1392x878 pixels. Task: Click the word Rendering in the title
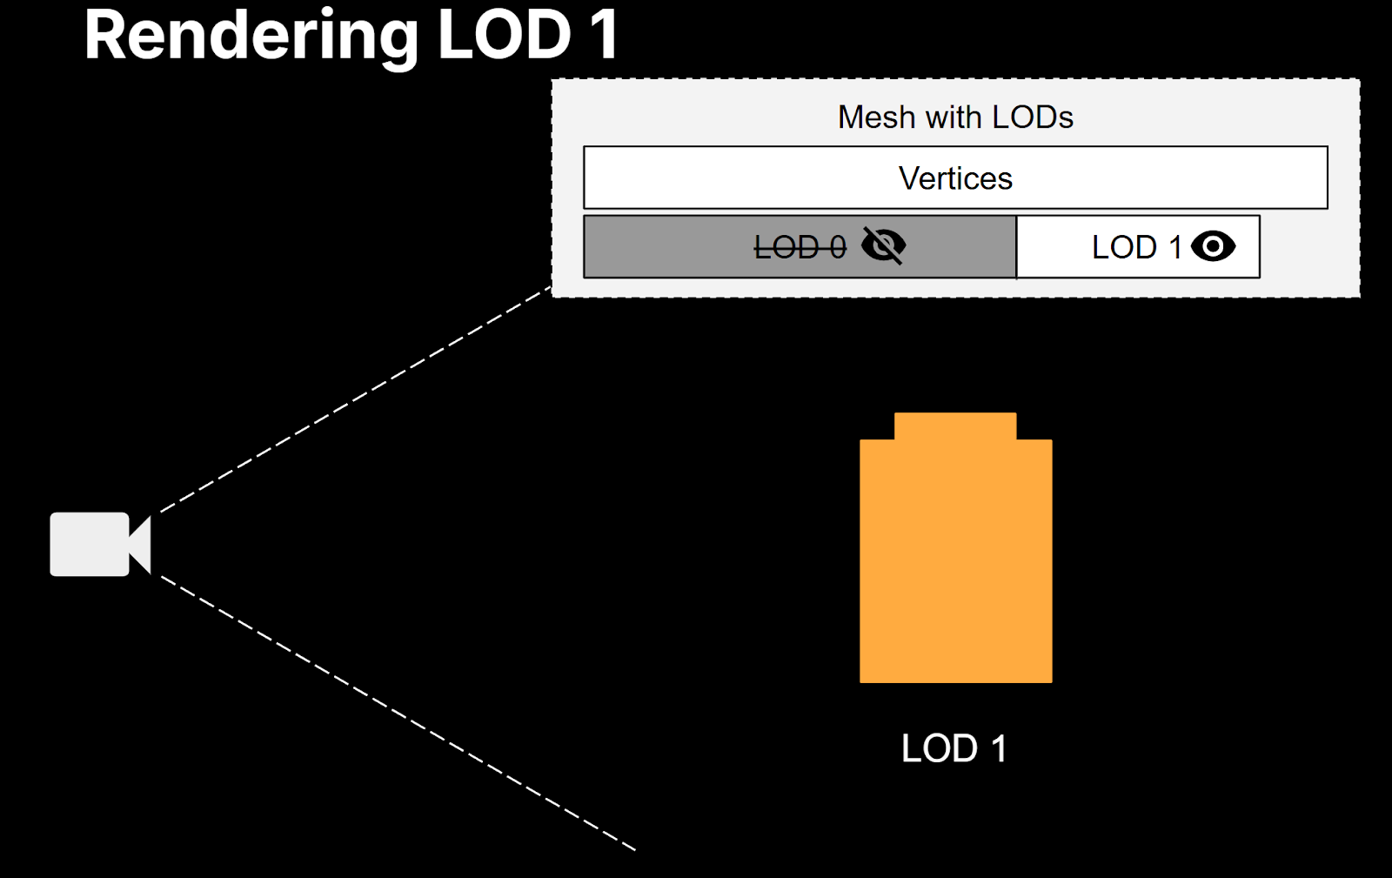[x=251, y=37]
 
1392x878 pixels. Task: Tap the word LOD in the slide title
[x=505, y=37]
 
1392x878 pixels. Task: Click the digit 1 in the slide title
[x=603, y=37]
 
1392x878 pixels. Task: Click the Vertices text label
[x=955, y=178]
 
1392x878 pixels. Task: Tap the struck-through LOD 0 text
[x=800, y=248]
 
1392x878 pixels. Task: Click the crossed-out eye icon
[x=883, y=246]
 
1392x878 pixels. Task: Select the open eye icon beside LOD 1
[x=1213, y=246]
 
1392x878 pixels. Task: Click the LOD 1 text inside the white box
[x=1135, y=248]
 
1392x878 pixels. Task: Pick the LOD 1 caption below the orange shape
[x=954, y=748]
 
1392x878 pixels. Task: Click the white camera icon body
[x=89, y=544]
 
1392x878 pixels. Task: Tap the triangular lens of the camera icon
[x=142, y=545]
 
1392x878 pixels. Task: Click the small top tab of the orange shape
[x=954, y=426]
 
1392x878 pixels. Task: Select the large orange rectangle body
[x=955, y=566]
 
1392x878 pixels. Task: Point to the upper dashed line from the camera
[x=357, y=400]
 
